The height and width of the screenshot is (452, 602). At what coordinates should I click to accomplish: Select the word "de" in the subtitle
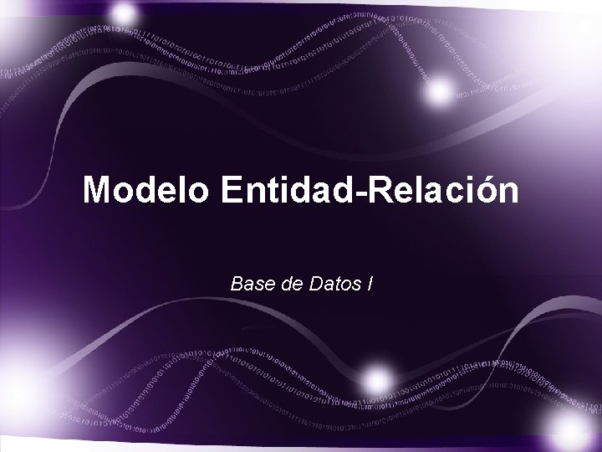point(289,285)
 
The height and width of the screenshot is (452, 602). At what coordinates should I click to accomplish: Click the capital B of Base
point(236,285)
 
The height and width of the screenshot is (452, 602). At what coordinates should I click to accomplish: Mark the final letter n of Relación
point(507,192)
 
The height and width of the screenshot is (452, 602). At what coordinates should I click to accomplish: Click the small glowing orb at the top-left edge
point(125,13)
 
